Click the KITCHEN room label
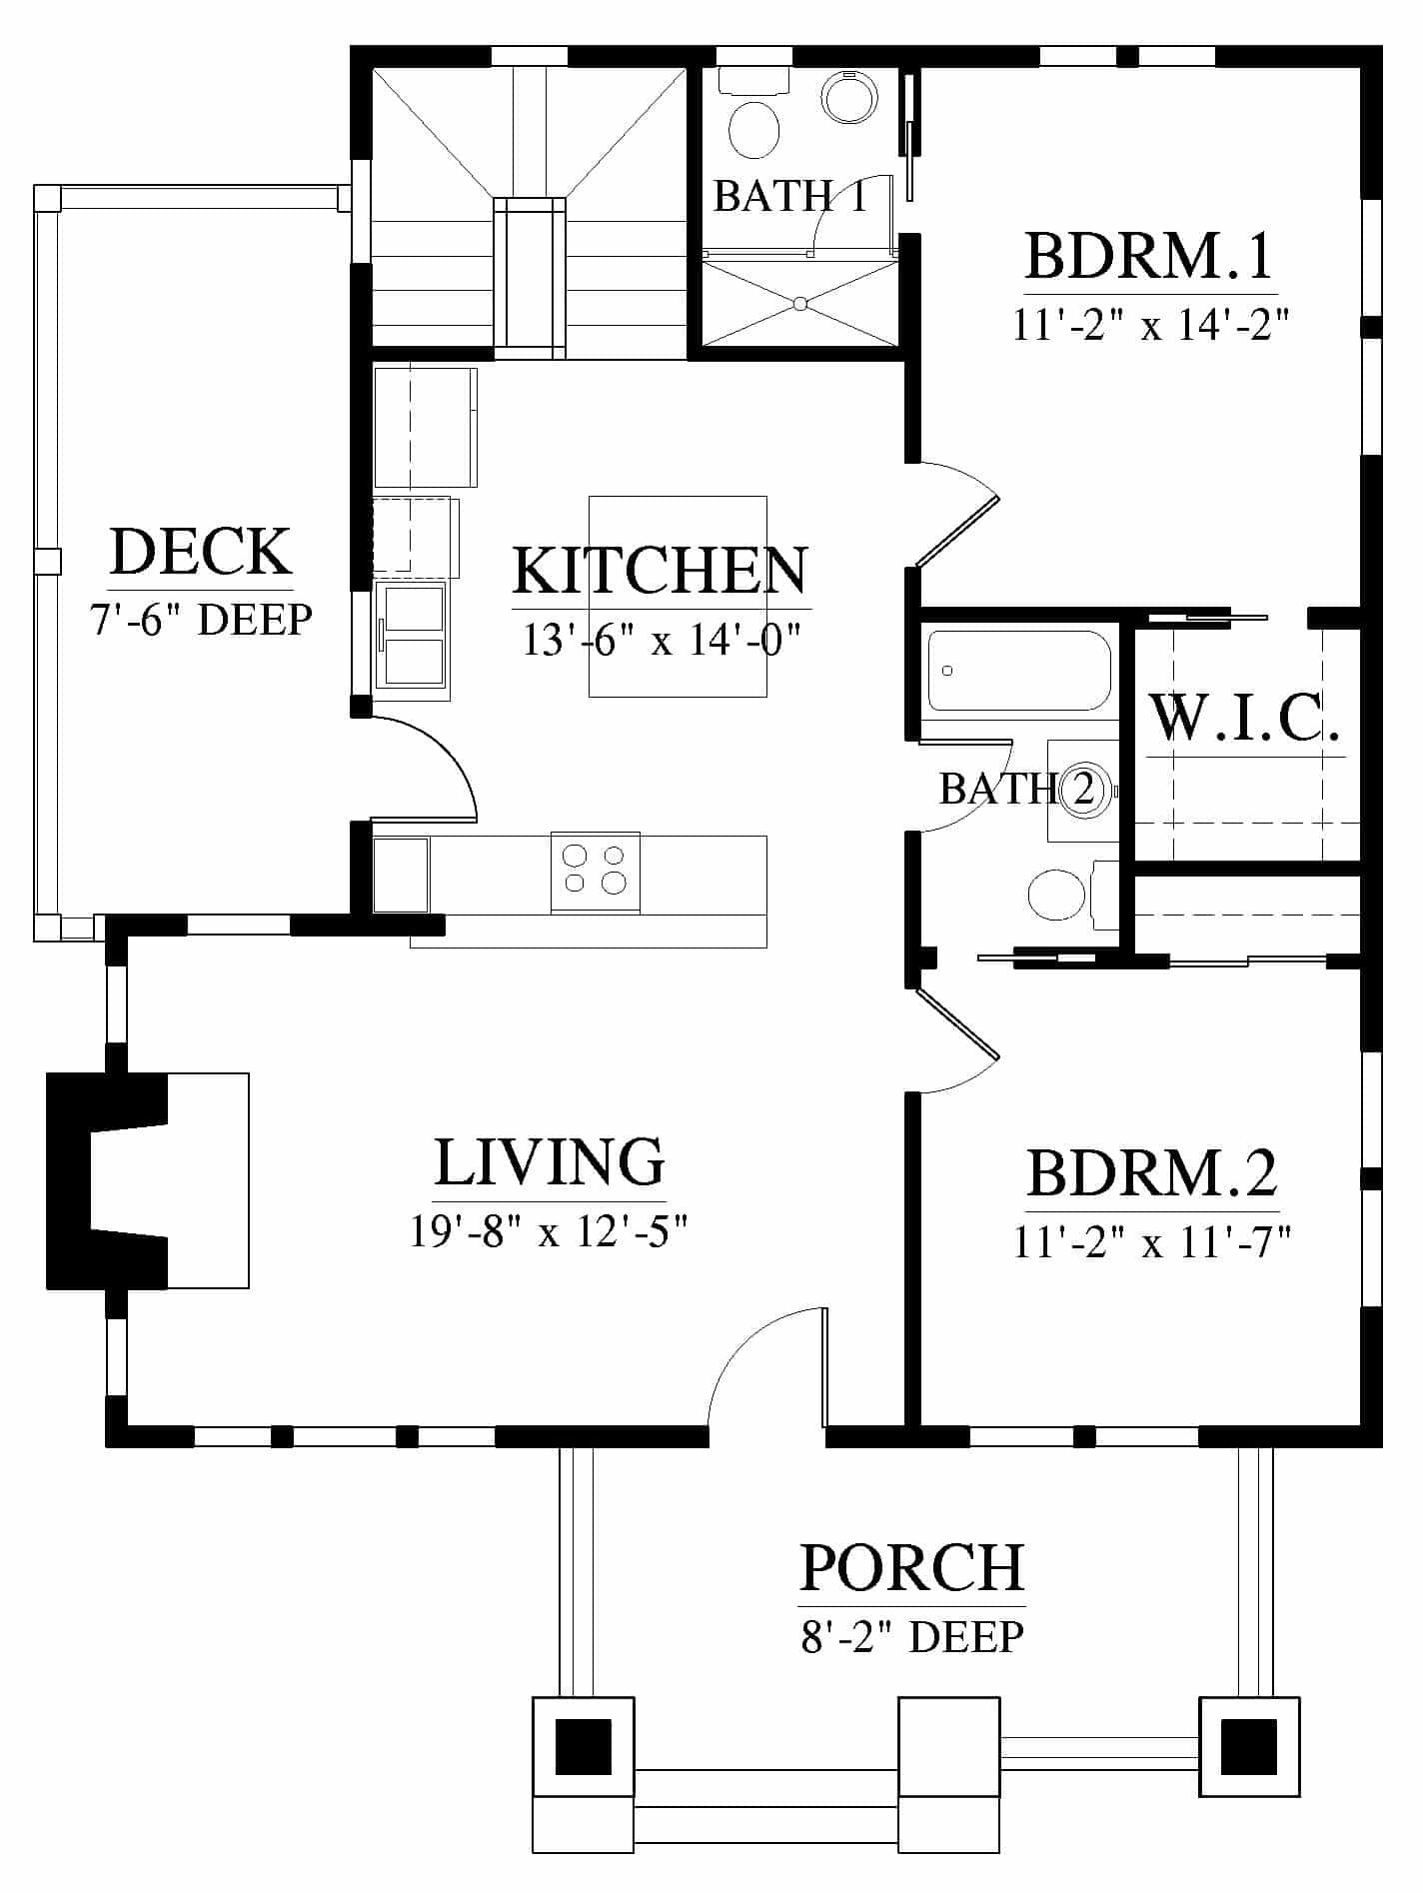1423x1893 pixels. pyautogui.click(x=661, y=571)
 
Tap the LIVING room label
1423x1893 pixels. pyautogui.click(x=550, y=1161)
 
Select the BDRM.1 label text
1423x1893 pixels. pyautogui.click(x=1150, y=255)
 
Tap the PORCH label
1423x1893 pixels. pyautogui.click(x=912, y=1567)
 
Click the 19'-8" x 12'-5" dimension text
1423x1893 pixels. pyautogui.click(x=550, y=1231)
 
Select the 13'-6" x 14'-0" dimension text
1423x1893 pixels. pyautogui.click(x=663, y=640)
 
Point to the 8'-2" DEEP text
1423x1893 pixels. pyautogui.click(x=912, y=1637)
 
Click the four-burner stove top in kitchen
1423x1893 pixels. pyautogui.click(x=596, y=872)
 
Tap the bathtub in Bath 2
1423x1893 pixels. pyautogui.click(x=1019, y=670)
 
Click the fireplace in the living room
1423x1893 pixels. pyautogui.click(x=148, y=1179)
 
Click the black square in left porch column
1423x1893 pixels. pyautogui.click(x=583, y=1746)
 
